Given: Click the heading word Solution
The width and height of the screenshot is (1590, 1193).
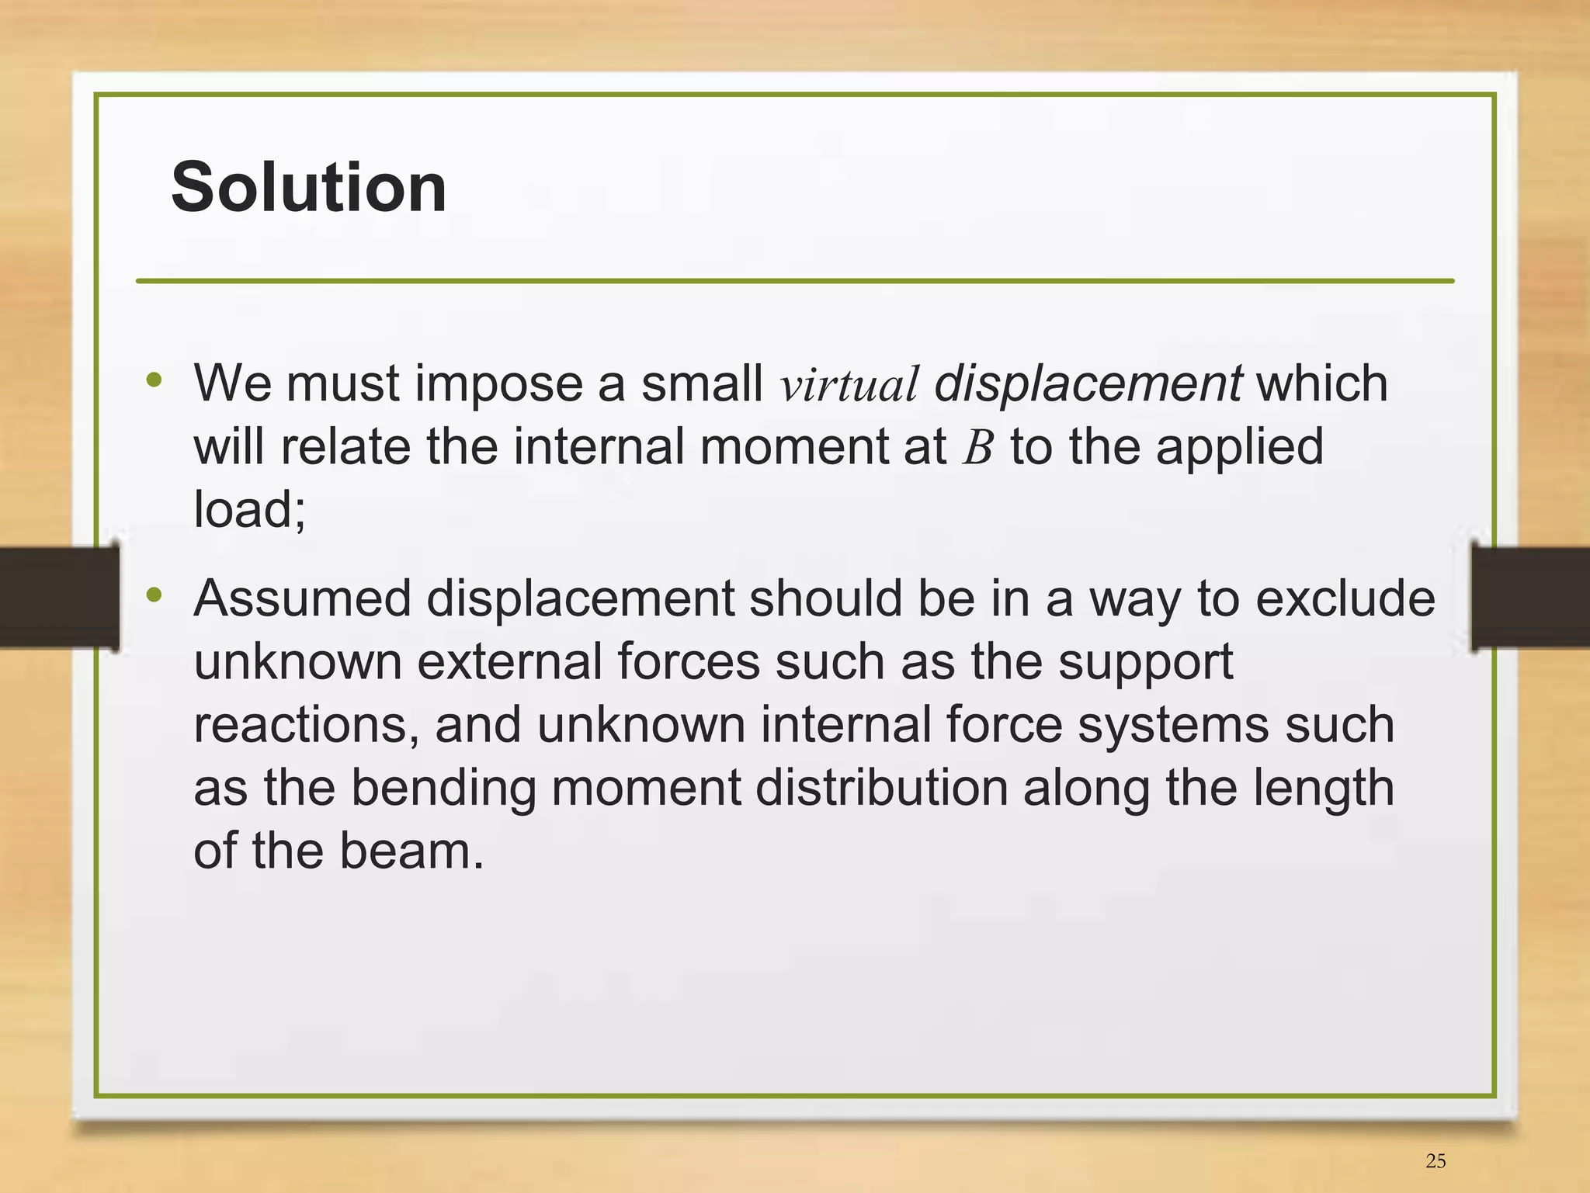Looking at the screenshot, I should click(308, 187).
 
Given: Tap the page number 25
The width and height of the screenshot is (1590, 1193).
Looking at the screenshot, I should click(1436, 1161).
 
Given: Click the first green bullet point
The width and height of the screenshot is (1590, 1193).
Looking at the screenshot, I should click(154, 380).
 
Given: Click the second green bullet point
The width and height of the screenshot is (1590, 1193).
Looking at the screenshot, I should click(154, 595).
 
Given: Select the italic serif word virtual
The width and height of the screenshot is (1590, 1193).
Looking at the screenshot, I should click(849, 385).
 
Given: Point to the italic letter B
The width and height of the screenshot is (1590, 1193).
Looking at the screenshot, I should click(977, 449).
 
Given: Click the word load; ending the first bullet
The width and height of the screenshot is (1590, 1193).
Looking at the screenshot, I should click(249, 510).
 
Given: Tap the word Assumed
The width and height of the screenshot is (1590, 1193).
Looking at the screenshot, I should click(302, 598).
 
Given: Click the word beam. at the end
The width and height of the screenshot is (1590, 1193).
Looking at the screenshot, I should click(411, 851).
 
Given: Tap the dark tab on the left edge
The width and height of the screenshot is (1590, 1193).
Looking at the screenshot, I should click(59, 597).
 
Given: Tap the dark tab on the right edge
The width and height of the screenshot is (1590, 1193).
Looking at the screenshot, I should click(1529, 597).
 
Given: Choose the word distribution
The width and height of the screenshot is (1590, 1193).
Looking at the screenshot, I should click(881, 788).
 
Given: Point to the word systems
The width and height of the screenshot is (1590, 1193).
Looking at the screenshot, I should click(1173, 726).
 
